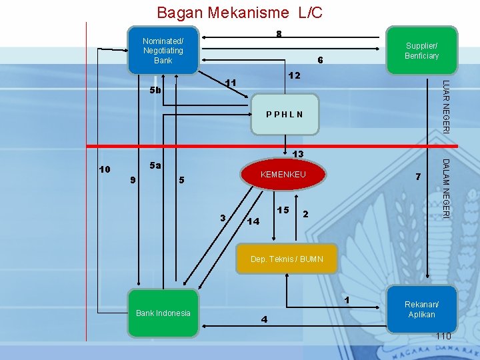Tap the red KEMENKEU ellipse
click(x=283, y=175)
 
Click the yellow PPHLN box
click(x=284, y=114)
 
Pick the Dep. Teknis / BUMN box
click(x=287, y=259)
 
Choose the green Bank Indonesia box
click(x=163, y=313)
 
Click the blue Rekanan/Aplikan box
click(x=421, y=309)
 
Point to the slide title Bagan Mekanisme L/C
click(x=239, y=12)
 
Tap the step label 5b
click(x=155, y=90)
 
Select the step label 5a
click(x=155, y=165)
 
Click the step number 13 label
click(x=297, y=154)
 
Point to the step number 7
click(x=417, y=177)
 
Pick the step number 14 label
click(x=253, y=221)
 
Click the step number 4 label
click(x=264, y=319)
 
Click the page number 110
click(x=443, y=336)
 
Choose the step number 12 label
click(x=294, y=77)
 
